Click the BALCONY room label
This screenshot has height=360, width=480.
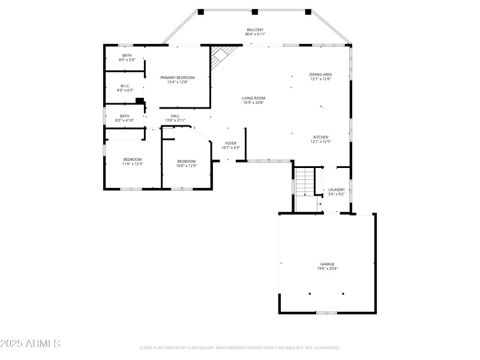[255, 30]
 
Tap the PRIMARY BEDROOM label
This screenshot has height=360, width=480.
[178, 77]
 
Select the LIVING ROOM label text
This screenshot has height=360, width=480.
[253, 98]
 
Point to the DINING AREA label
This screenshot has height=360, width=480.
[321, 74]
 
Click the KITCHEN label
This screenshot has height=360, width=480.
[320, 137]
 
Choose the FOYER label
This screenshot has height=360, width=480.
[230, 143]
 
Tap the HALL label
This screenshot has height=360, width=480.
[175, 116]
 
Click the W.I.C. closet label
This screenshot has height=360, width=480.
[125, 86]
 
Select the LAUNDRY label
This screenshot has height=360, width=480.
[336, 190]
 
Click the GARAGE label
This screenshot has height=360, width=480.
[327, 264]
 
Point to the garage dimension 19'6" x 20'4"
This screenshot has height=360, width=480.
[327, 269]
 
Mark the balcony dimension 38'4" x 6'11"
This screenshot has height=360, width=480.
[255, 35]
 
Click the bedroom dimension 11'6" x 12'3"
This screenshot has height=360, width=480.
[133, 164]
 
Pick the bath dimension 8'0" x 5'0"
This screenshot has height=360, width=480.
[127, 60]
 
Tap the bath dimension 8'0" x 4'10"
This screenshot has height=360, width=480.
[125, 121]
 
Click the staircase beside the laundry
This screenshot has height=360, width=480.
[304, 182]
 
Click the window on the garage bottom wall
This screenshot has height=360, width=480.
[326, 313]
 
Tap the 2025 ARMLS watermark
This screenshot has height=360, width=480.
[30, 344]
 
